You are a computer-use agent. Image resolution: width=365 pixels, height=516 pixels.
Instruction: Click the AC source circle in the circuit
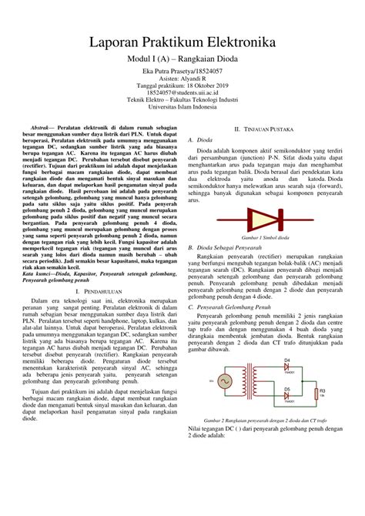[226, 380]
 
